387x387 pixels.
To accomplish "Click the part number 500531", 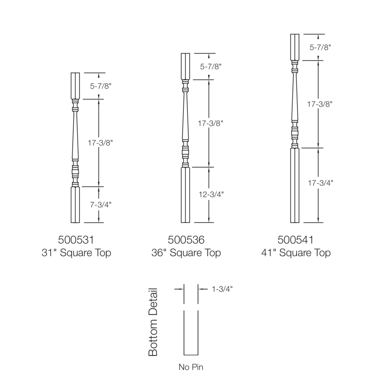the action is (76, 240).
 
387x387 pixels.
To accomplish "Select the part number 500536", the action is (186, 240).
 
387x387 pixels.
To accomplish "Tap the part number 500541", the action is (296, 240).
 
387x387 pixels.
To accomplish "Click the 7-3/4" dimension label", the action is (100, 205).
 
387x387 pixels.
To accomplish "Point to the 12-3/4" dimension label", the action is (211, 194).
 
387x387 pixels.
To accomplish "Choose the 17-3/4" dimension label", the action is (320, 183).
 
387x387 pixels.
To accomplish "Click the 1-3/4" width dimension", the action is (222, 289).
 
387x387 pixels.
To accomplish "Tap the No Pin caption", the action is (191, 367).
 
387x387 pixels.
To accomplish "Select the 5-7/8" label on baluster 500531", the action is (100, 86).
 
